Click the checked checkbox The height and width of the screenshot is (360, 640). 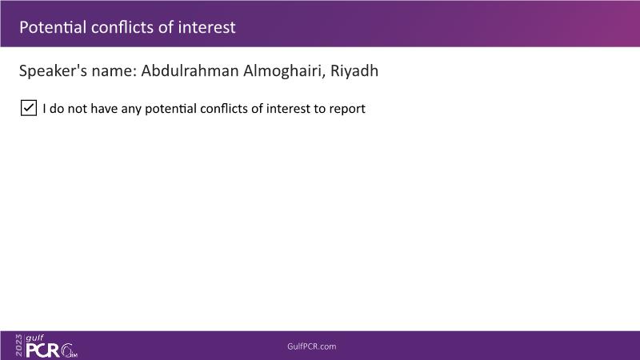tap(29, 108)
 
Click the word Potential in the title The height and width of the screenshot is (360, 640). tap(53, 27)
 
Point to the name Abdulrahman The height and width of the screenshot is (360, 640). tap(190, 71)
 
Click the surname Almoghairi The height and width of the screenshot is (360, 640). tap(284, 71)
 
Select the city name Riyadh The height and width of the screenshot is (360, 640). tap(354, 71)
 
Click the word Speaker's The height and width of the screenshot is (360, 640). tap(53, 71)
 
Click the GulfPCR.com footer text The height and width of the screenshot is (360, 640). tap(312, 346)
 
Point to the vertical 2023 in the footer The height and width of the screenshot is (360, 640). tap(19, 346)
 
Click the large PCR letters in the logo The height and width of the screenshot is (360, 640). tap(43, 350)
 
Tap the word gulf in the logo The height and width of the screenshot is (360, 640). tap(34, 338)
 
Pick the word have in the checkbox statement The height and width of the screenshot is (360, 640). tap(104, 109)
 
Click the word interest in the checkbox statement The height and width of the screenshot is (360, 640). tap(288, 109)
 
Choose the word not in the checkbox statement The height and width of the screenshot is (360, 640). tap(77, 109)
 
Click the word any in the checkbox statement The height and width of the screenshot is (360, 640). tap(131, 110)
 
